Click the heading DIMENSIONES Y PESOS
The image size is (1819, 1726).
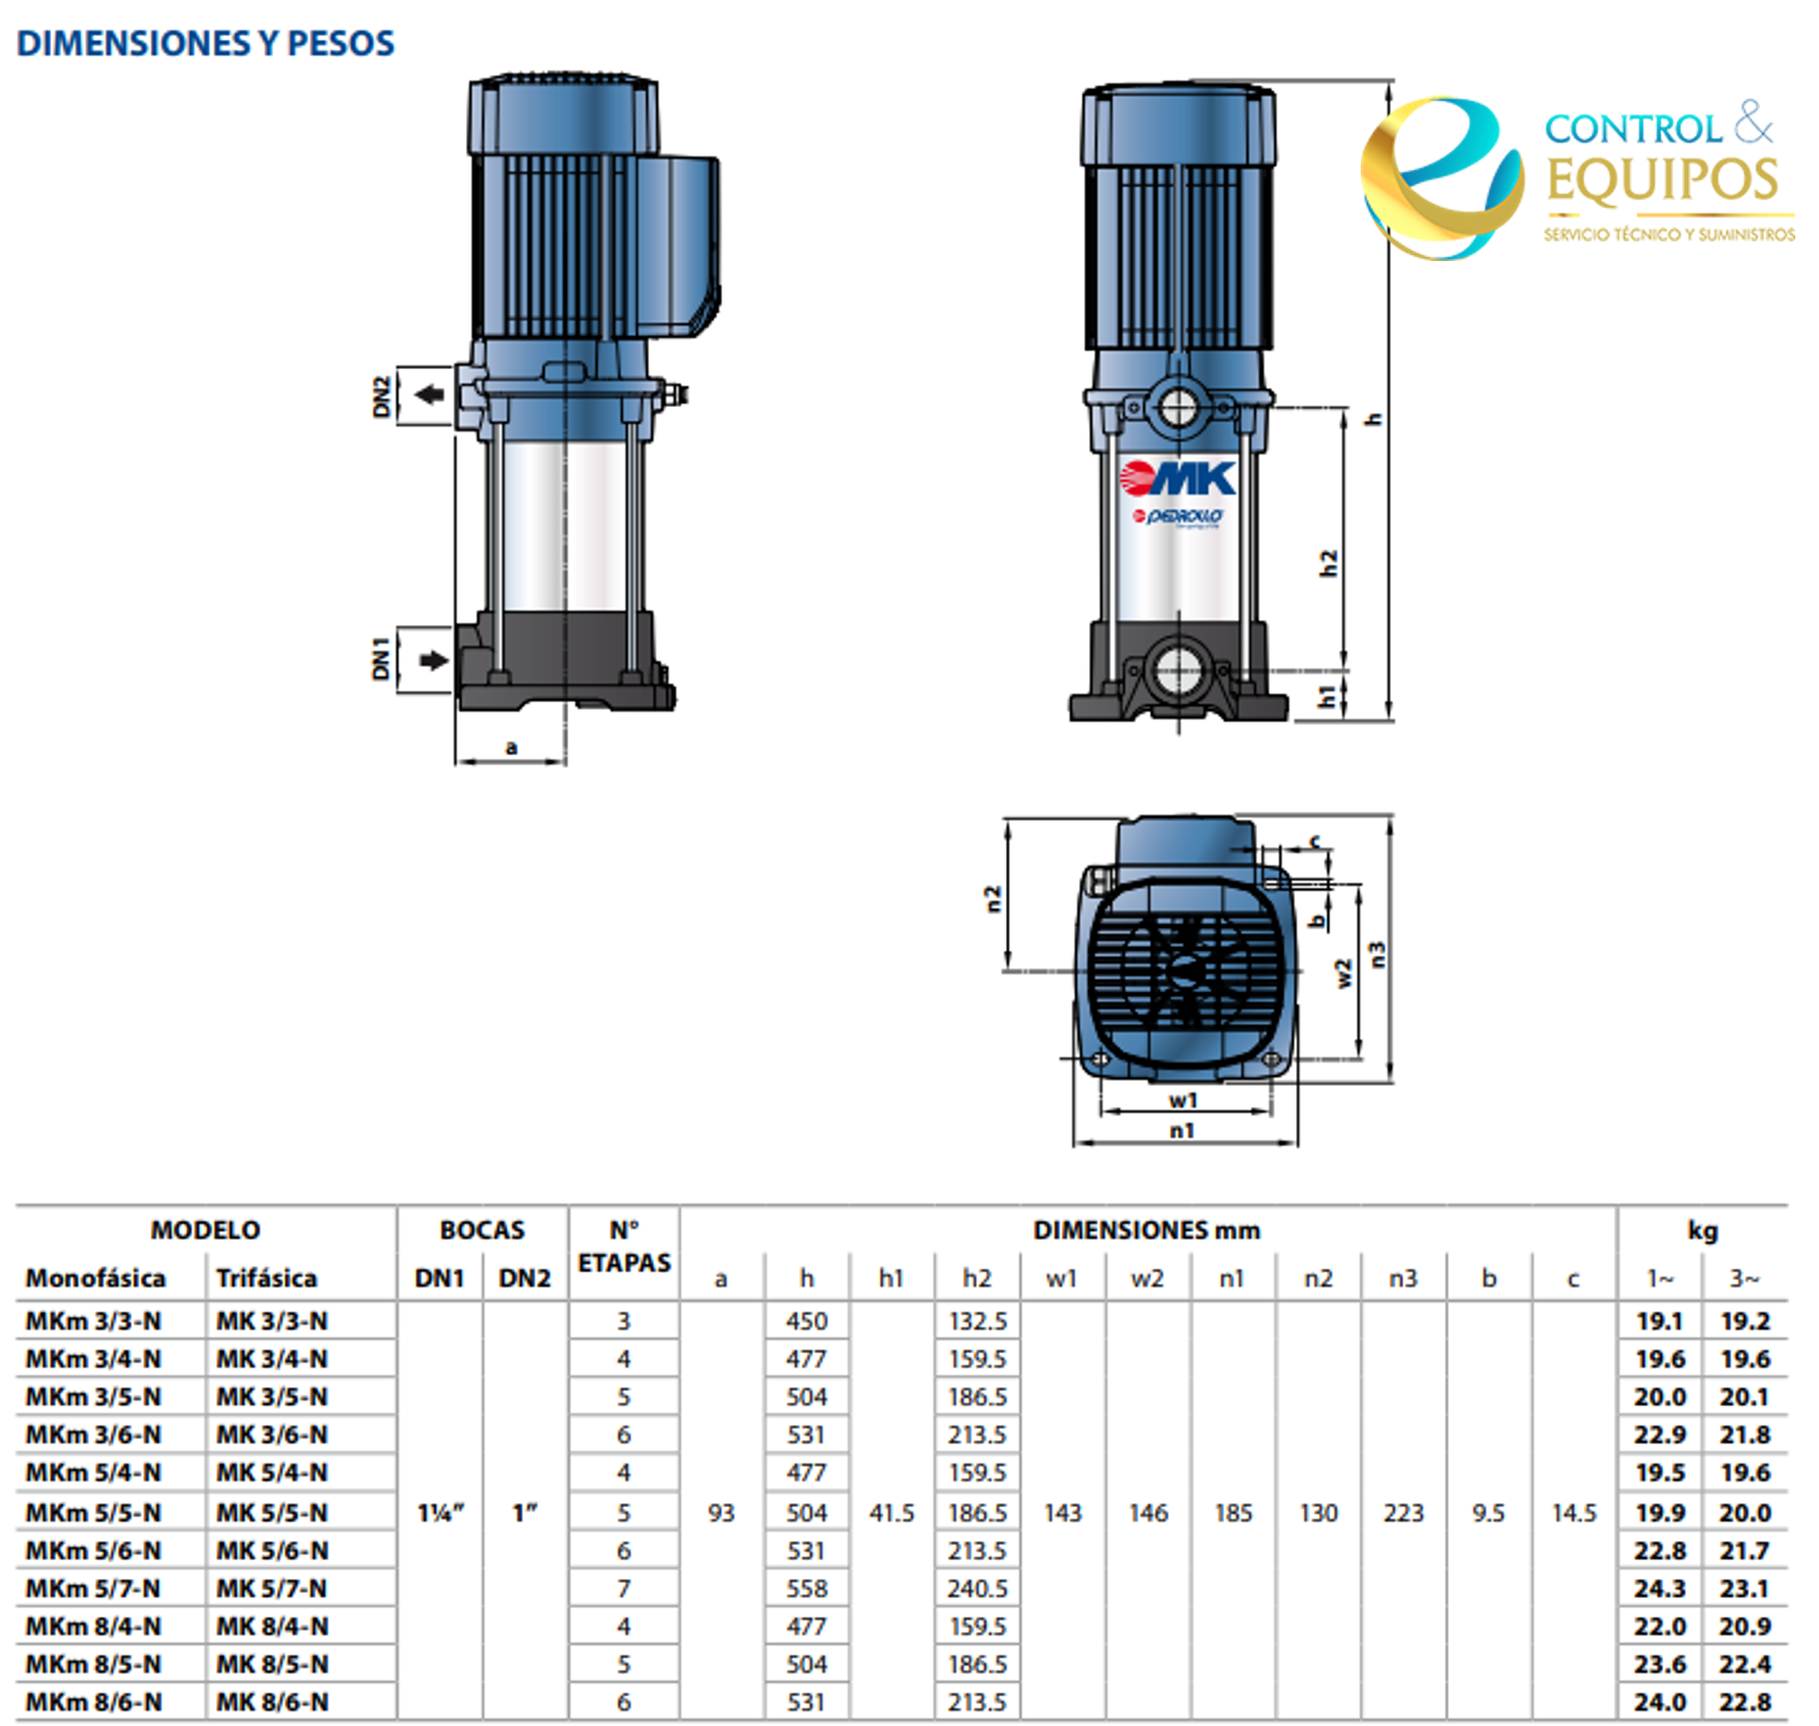(205, 44)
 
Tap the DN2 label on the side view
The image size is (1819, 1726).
(381, 396)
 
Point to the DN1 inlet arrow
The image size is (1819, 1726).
(434, 660)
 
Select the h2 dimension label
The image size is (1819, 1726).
(1328, 564)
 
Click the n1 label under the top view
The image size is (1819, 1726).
(1182, 1130)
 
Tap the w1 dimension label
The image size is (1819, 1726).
(1183, 1101)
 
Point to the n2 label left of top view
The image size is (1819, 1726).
(993, 899)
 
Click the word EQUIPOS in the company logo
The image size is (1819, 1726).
(1662, 181)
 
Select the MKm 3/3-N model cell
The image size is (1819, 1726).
(93, 1321)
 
